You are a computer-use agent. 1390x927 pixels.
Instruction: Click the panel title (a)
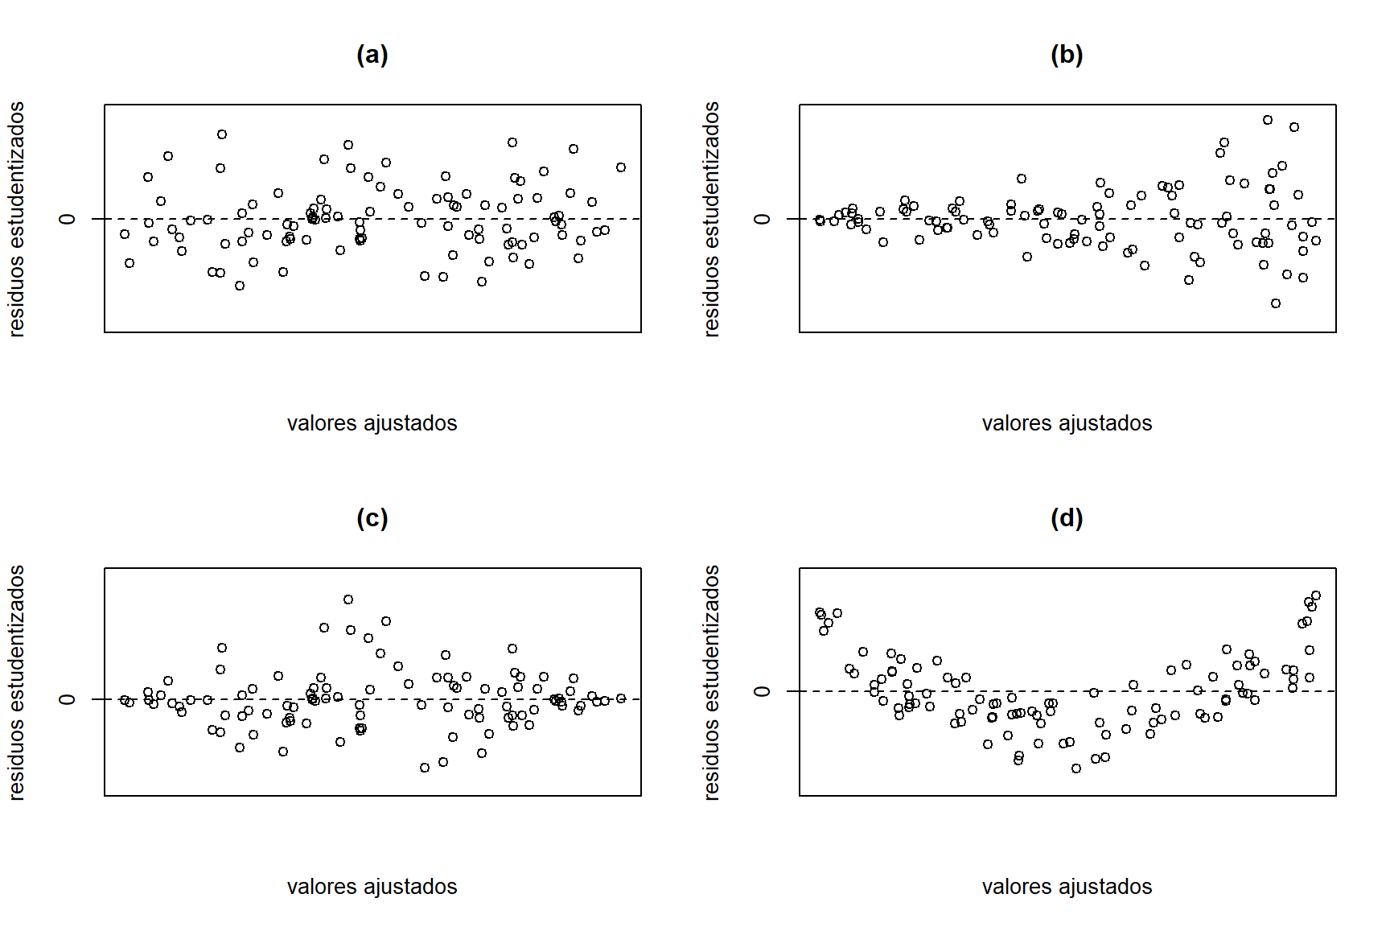coord(372,55)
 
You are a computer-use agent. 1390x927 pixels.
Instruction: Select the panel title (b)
coord(1067,55)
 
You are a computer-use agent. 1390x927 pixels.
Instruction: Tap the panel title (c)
coord(372,518)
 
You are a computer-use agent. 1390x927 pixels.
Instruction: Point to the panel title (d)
coord(1067,518)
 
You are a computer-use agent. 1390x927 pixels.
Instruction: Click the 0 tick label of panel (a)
coord(68,219)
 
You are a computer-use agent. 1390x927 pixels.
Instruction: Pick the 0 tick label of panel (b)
coord(763,219)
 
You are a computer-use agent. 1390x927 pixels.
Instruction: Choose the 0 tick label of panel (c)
coord(68,698)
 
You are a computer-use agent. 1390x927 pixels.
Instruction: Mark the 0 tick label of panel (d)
coord(763,691)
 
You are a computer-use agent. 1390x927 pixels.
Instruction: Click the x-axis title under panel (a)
coord(372,423)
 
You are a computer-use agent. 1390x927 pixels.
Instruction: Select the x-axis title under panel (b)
coord(1067,423)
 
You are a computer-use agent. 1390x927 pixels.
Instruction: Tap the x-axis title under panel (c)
coord(372,887)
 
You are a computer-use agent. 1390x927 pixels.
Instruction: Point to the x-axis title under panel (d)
coord(1067,887)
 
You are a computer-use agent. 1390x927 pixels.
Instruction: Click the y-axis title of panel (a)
coord(17,219)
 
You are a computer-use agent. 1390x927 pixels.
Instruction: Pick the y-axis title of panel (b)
coord(711,219)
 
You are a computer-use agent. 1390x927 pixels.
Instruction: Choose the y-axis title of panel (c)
coord(17,682)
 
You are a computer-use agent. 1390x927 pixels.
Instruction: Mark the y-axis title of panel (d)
coord(711,682)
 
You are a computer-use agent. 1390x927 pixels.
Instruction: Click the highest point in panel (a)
coord(222,134)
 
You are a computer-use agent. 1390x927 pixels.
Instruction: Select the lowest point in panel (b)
coord(1276,303)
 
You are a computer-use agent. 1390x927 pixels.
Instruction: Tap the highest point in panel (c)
coord(348,599)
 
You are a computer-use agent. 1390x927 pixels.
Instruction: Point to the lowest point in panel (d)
coord(1076,768)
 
